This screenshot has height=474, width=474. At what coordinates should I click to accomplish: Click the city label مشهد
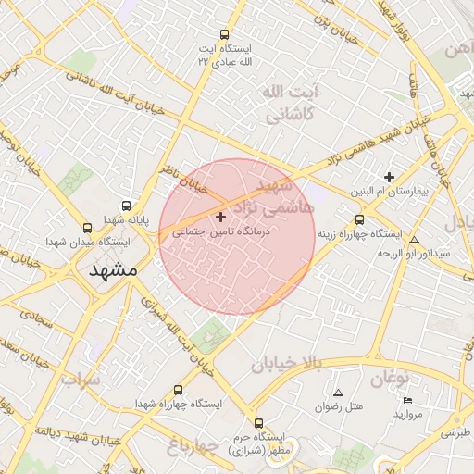(114, 270)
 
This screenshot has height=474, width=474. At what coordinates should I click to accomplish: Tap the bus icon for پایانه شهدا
(126, 206)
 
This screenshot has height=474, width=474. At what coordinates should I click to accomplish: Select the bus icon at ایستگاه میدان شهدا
(87, 228)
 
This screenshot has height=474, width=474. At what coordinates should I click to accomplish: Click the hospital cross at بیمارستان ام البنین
(389, 177)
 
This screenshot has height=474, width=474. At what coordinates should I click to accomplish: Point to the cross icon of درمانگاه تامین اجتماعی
(220, 217)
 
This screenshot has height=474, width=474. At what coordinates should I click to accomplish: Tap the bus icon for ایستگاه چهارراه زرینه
(359, 219)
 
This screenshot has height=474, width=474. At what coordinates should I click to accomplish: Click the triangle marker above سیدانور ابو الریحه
(414, 240)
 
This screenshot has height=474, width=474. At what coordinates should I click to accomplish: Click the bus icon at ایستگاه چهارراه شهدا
(178, 390)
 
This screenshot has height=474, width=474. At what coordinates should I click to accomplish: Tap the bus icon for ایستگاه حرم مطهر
(258, 422)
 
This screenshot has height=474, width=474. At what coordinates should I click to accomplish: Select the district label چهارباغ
(193, 448)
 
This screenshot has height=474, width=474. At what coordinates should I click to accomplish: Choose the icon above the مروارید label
(408, 400)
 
